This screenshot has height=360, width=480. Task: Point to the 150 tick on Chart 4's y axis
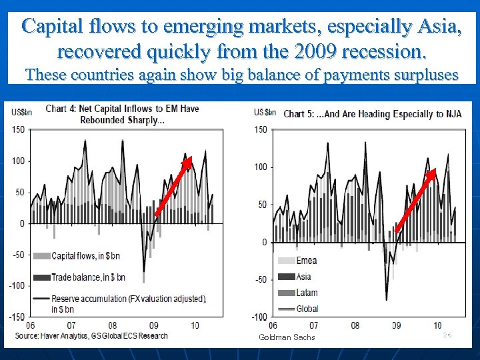click(18, 130)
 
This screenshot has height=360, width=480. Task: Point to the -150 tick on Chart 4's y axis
click(16, 316)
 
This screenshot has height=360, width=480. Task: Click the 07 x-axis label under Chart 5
click(313, 326)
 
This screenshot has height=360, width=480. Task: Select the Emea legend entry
click(307, 261)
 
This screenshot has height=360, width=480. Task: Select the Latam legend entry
click(307, 293)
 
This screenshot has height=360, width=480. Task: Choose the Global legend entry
click(307, 309)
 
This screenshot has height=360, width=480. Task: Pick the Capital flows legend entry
click(86, 256)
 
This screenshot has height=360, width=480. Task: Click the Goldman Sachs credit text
click(287, 337)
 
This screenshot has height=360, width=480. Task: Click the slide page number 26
click(447, 335)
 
